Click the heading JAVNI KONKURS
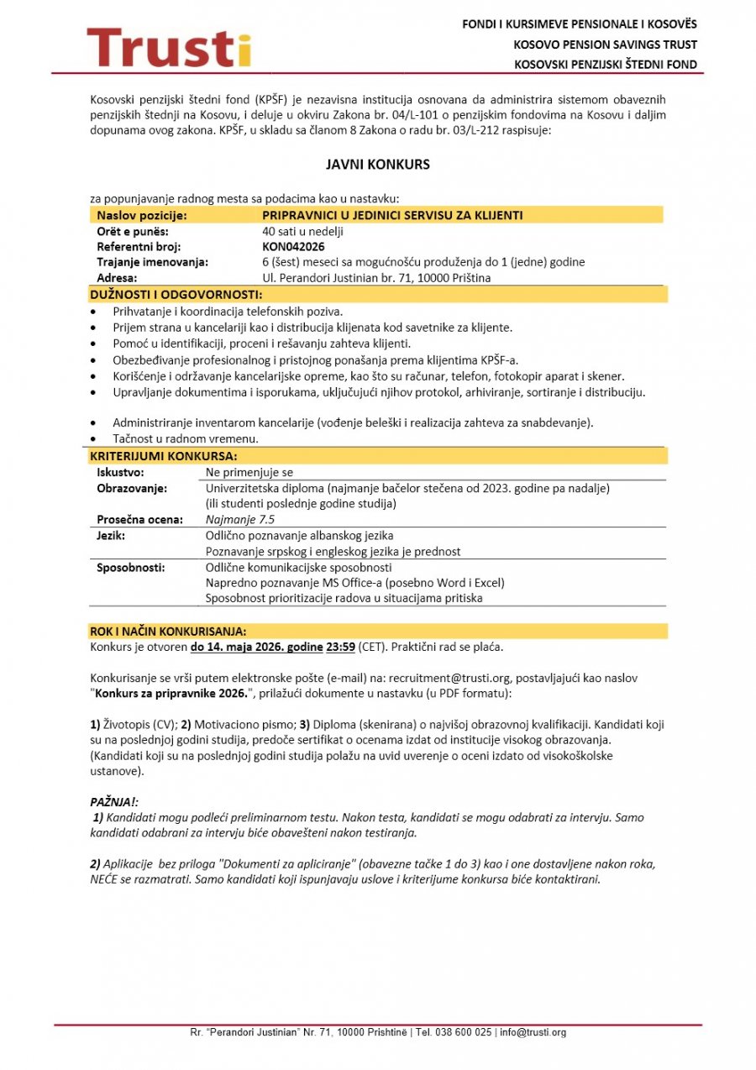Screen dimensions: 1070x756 (x=377, y=165)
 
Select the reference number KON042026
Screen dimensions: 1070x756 (x=293, y=247)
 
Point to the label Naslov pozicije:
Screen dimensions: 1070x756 (x=142, y=216)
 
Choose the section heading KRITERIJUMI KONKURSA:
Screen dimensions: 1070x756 (x=164, y=456)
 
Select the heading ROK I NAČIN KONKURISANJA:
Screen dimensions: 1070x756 (x=168, y=632)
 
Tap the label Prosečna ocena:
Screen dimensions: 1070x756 (x=139, y=519)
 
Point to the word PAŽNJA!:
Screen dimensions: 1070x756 (x=114, y=802)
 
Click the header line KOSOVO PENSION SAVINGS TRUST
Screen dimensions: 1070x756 (x=606, y=45)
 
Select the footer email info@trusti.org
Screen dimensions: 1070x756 (x=533, y=1032)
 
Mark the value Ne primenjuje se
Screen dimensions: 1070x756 (x=249, y=473)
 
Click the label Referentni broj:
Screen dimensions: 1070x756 (x=139, y=247)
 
